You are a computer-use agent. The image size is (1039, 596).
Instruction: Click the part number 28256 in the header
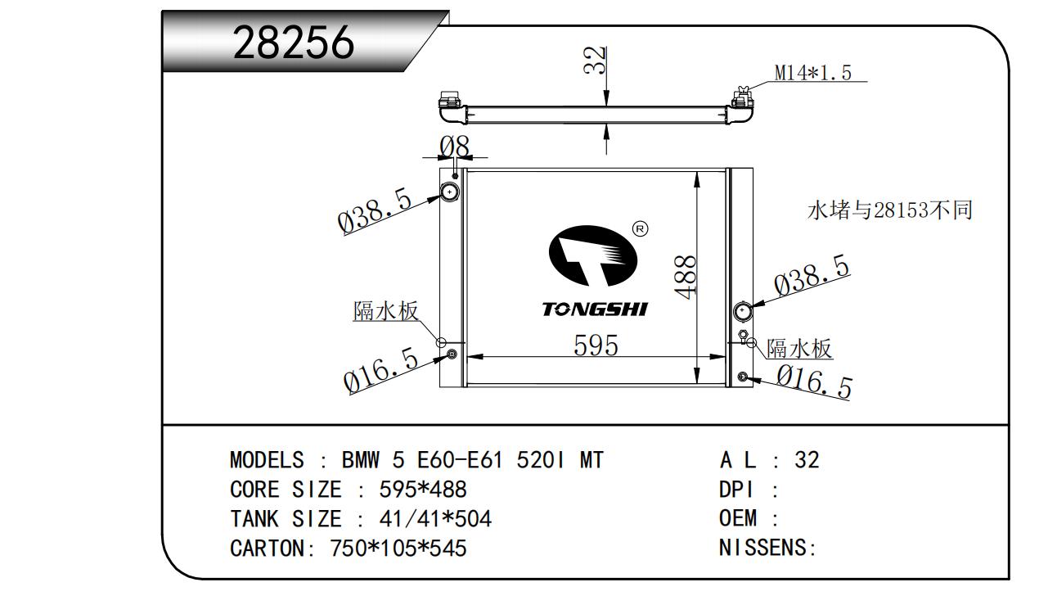294,43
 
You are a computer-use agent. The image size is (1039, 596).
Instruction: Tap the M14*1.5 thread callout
812,72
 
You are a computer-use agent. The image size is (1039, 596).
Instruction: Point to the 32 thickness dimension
595,60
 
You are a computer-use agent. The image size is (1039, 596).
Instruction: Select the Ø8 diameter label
455,147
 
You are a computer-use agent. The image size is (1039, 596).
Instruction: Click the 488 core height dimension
685,277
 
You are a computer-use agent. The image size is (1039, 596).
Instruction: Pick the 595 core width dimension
596,345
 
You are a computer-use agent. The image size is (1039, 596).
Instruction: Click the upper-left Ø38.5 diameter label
375,210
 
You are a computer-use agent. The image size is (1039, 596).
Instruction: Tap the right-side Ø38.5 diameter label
812,275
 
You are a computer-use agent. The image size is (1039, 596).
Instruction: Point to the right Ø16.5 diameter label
814,382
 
